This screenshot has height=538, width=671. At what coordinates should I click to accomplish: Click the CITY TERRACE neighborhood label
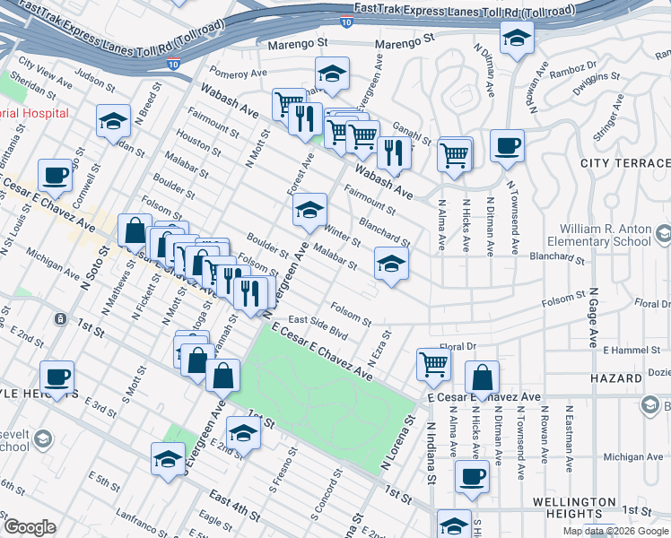click(x=625, y=162)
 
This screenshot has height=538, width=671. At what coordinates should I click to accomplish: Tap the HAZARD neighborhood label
click(x=616, y=379)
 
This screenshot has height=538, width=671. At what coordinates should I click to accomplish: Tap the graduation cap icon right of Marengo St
click(x=516, y=39)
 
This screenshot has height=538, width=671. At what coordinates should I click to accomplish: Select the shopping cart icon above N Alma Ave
click(x=455, y=154)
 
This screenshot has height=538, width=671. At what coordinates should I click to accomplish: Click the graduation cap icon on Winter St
click(x=309, y=210)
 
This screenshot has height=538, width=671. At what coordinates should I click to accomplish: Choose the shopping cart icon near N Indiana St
click(x=433, y=364)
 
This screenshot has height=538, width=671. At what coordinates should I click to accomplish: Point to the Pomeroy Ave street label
click(x=239, y=73)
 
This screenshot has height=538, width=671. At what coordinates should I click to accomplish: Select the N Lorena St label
click(x=399, y=442)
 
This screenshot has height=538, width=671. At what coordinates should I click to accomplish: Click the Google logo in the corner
click(x=29, y=526)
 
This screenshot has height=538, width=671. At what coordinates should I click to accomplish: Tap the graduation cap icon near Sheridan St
click(x=113, y=121)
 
